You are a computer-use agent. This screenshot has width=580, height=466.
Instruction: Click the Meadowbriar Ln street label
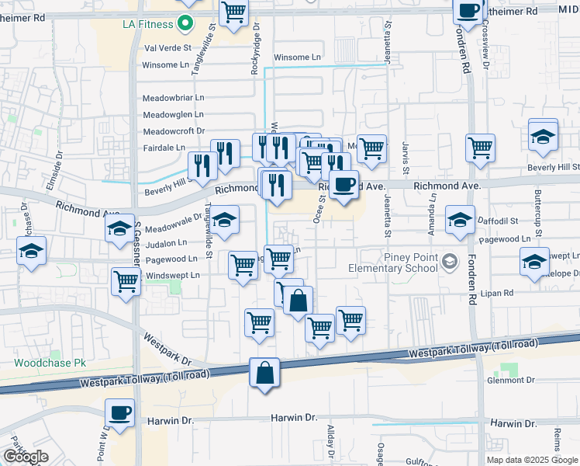point(174,98)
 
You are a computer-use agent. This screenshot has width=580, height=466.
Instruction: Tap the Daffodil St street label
point(497,221)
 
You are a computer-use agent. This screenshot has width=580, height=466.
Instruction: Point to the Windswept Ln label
point(172,275)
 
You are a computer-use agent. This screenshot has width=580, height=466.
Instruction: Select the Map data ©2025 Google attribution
point(532,460)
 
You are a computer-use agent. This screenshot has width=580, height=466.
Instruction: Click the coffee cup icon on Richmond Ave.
point(344,184)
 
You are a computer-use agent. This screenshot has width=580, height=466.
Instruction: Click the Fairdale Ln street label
point(164,148)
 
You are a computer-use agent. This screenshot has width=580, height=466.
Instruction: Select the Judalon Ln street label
point(166,243)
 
